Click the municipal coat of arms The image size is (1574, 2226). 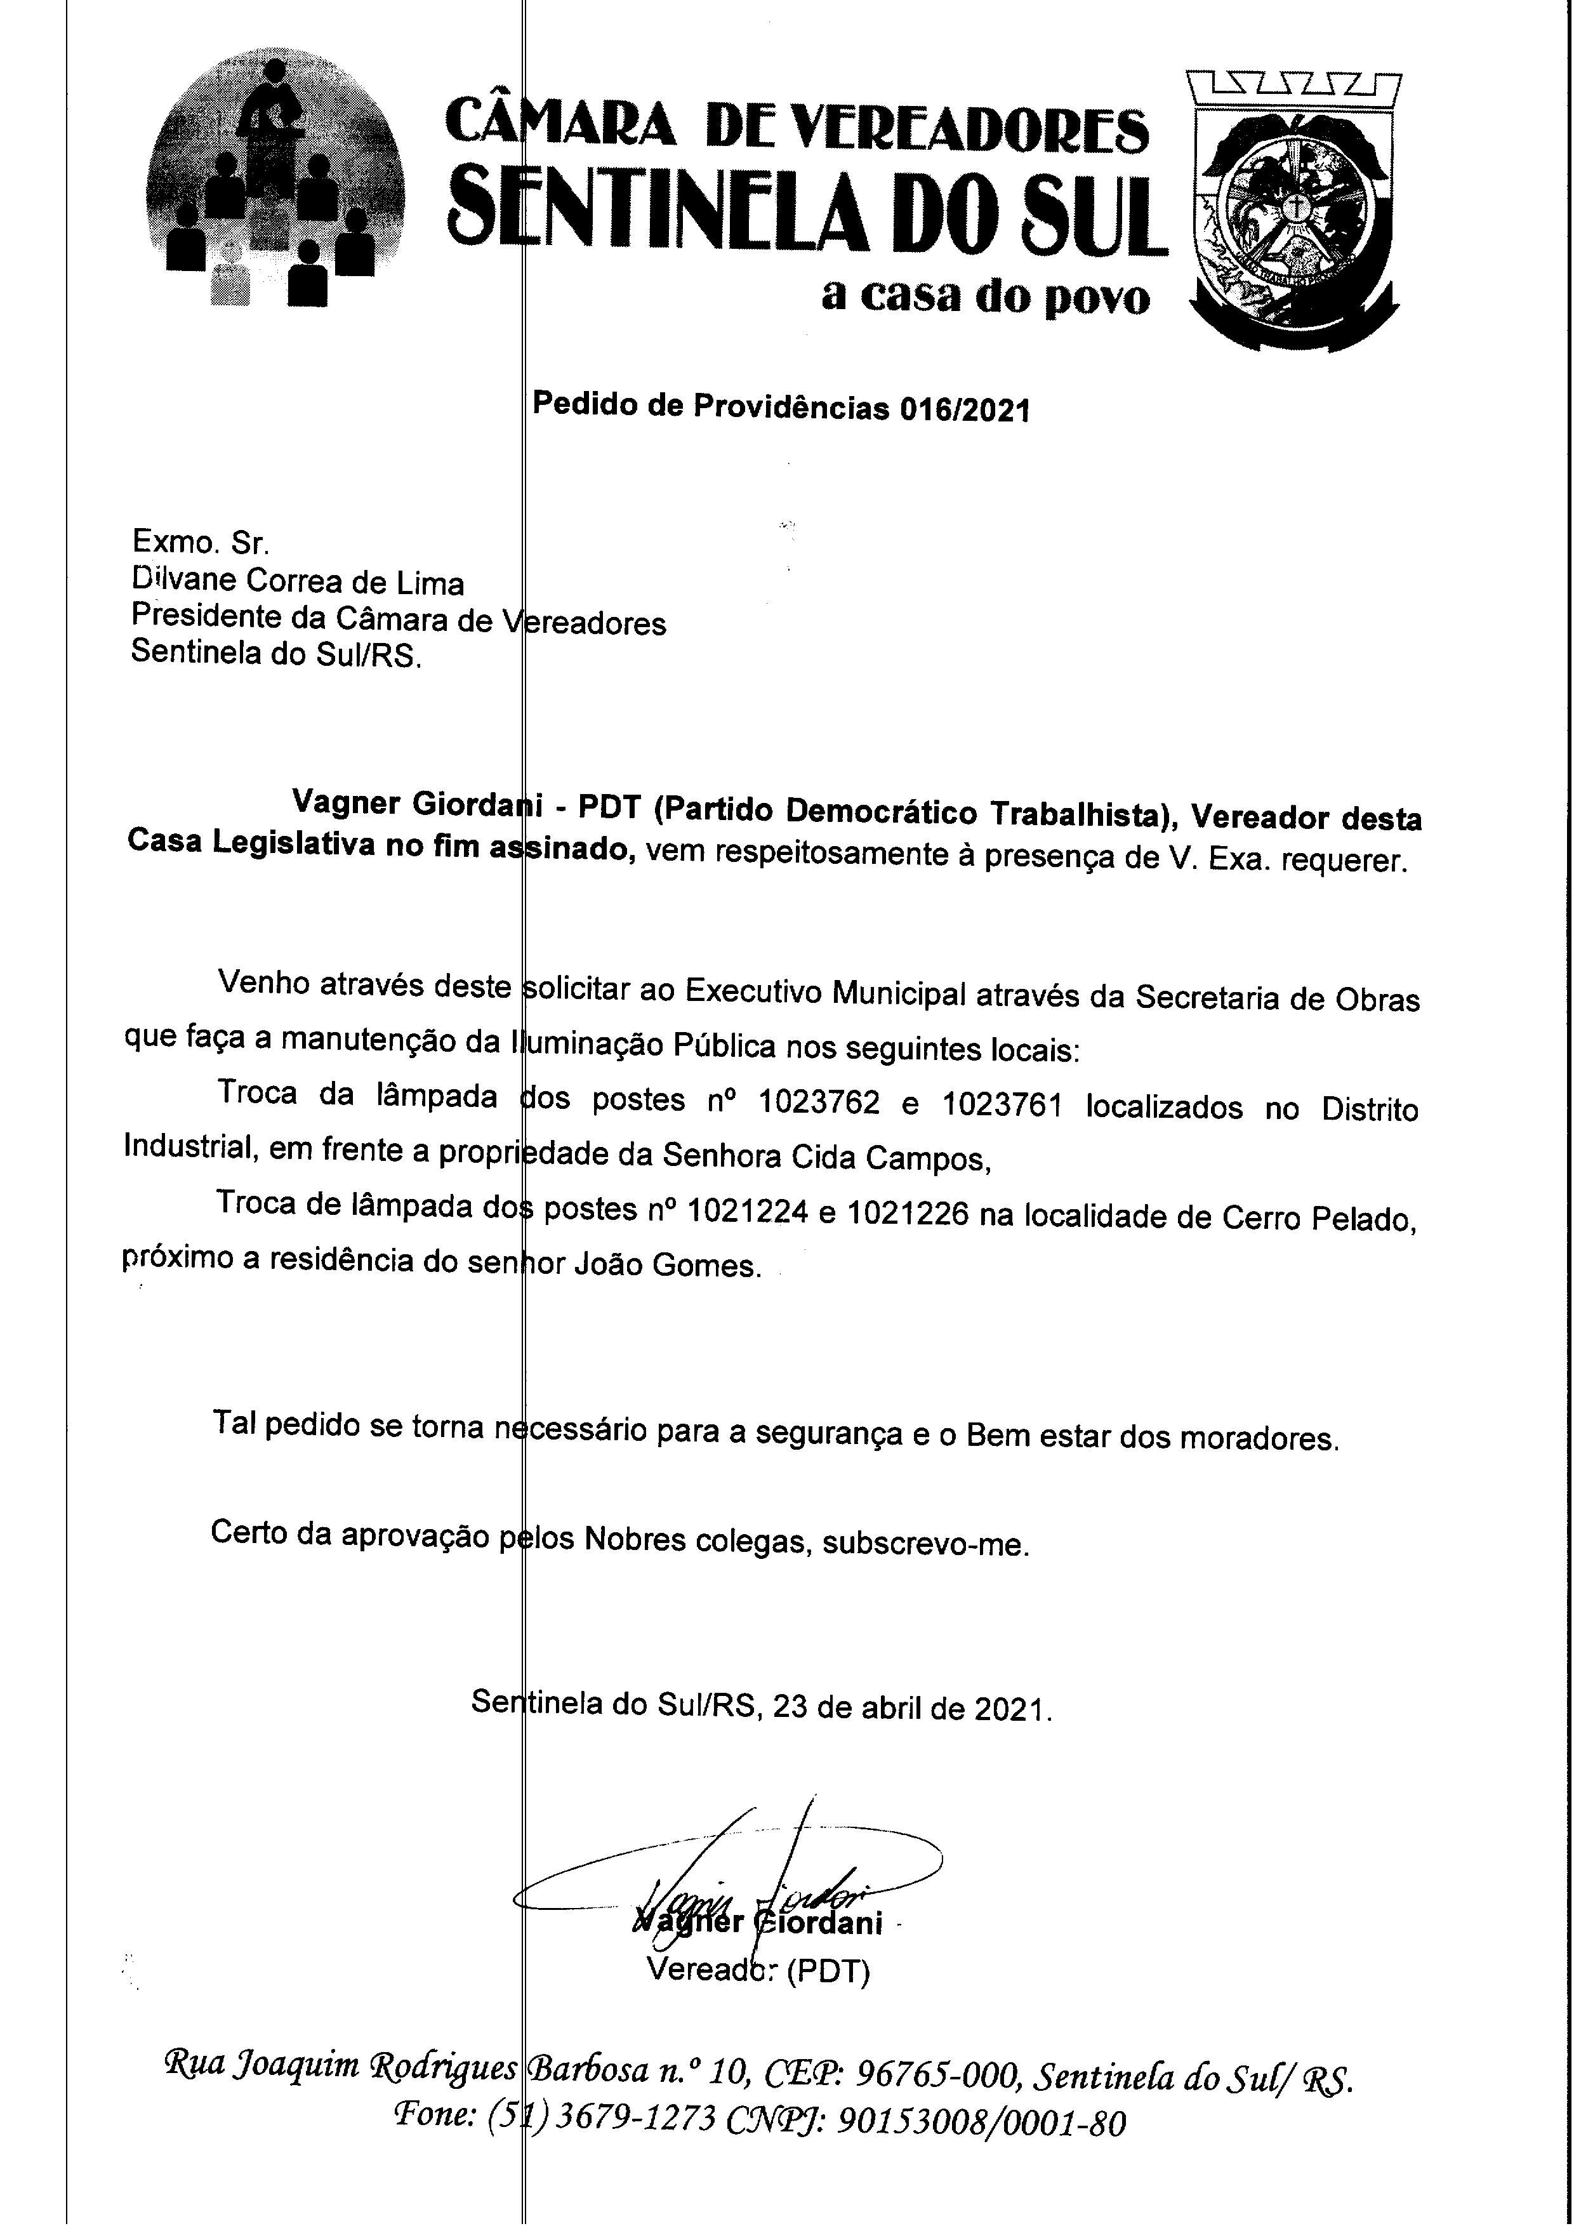pos(1293,211)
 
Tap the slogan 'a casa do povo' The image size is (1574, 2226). pos(986,296)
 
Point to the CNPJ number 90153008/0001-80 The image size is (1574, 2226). pos(981,2124)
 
